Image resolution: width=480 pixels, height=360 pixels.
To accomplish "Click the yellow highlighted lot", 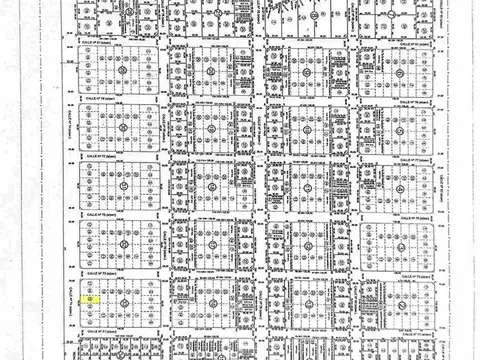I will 90,299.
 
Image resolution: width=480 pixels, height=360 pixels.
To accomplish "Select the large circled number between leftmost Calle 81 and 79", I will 122,71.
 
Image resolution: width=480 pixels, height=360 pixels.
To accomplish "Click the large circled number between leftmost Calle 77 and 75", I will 122,186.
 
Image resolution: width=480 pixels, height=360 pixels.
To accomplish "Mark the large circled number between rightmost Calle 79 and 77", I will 400,129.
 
